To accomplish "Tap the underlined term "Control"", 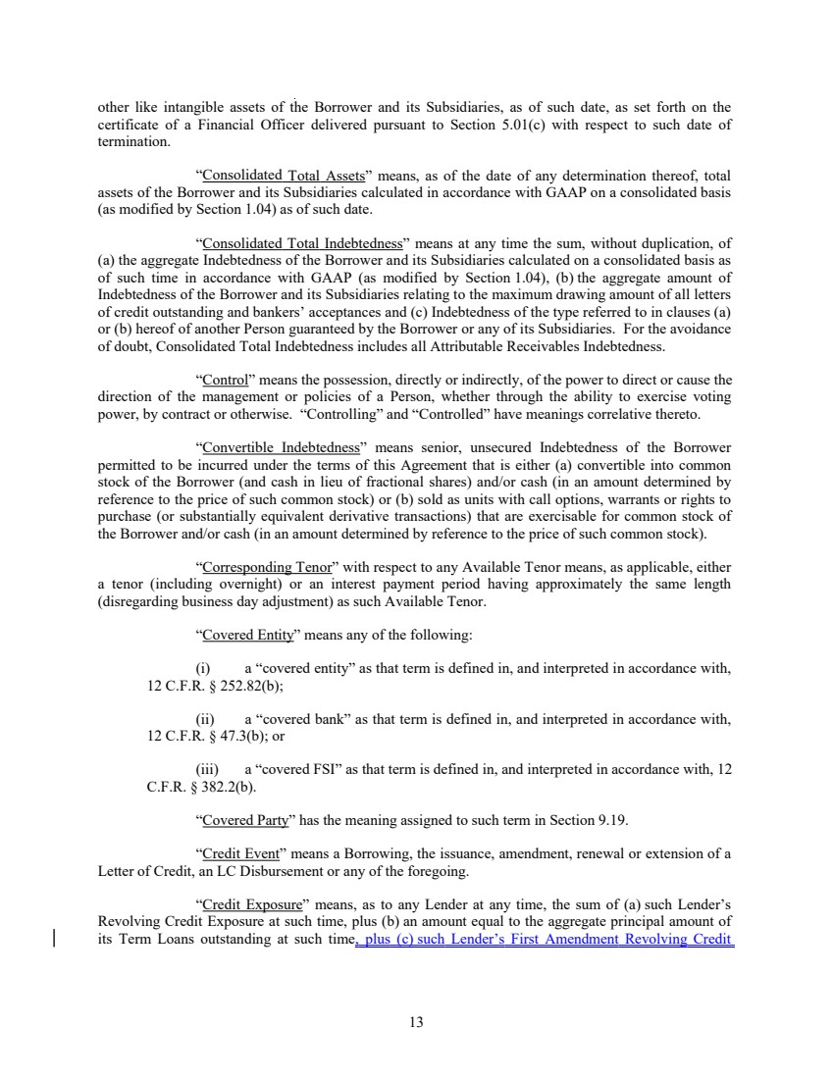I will [222, 380].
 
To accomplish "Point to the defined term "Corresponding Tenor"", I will [257, 567].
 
